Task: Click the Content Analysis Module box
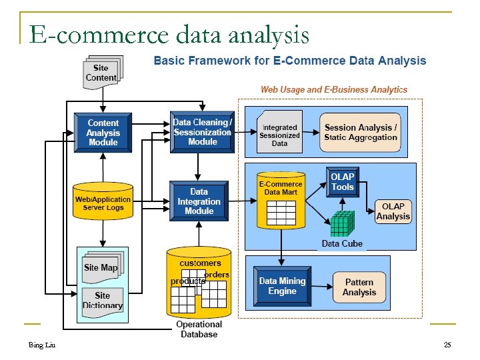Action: [103, 132]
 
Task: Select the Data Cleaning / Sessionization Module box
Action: [203, 131]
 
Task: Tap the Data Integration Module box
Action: [199, 201]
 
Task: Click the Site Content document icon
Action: [101, 73]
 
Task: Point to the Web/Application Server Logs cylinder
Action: [103, 202]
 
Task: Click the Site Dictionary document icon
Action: [102, 301]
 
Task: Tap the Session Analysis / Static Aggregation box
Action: [361, 132]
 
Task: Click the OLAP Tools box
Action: [343, 182]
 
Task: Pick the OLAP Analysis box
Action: [393, 211]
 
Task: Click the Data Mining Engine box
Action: [282, 286]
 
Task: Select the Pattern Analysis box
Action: [359, 287]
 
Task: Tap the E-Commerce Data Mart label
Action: [281, 187]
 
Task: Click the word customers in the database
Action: [200, 263]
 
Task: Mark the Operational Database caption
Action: [199, 329]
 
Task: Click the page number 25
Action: [447, 345]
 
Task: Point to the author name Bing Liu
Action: [41, 345]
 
